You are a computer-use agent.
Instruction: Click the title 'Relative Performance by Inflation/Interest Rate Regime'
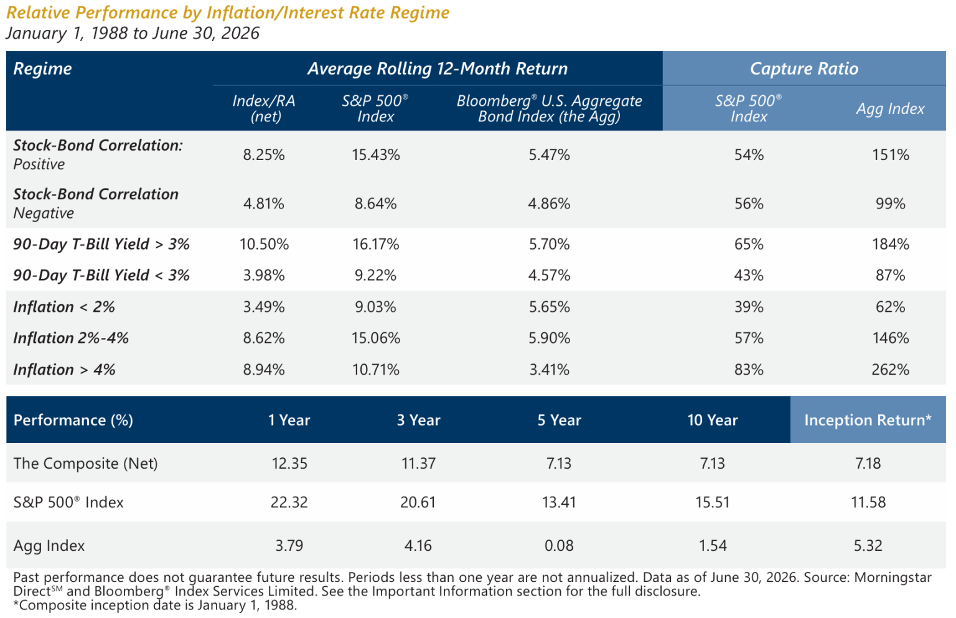click(x=227, y=13)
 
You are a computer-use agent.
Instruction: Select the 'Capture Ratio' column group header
click(x=804, y=68)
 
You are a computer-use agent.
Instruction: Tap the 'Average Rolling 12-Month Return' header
click(x=438, y=68)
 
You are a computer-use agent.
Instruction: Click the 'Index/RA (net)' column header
click(x=264, y=108)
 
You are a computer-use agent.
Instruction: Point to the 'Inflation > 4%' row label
click(x=64, y=369)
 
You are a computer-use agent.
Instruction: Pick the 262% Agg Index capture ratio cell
click(x=890, y=369)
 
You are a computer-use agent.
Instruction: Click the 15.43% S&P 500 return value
click(x=375, y=154)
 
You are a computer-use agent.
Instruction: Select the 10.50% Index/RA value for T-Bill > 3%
click(x=264, y=244)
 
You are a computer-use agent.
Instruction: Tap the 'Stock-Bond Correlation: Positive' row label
click(x=98, y=154)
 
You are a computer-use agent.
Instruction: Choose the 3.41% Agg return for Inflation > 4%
click(x=550, y=369)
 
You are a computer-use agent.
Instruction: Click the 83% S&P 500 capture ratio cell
click(x=749, y=369)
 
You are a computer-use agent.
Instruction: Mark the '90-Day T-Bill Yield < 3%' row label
click(x=101, y=275)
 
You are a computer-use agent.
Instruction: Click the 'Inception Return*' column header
click(x=868, y=420)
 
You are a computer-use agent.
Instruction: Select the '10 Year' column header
click(x=712, y=420)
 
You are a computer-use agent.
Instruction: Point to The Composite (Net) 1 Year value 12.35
click(x=289, y=463)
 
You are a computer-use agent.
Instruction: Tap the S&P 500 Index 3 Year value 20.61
click(x=418, y=502)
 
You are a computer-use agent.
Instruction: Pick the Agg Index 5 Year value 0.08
click(x=559, y=545)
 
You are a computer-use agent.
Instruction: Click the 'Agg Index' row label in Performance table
click(x=49, y=545)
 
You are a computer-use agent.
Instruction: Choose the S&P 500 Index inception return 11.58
click(x=868, y=502)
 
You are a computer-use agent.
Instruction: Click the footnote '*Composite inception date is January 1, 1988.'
click(x=155, y=605)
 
